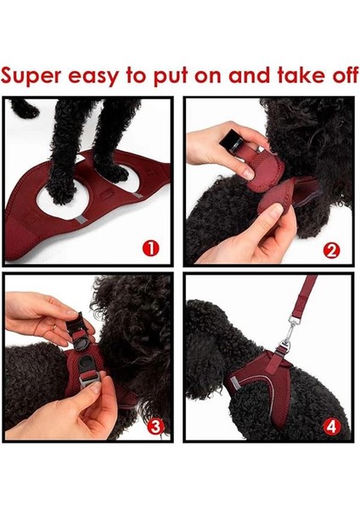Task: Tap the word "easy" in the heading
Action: coord(93,76)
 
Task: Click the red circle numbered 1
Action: coord(151,249)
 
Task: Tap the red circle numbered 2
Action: coord(331,249)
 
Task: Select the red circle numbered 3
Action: coord(155,426)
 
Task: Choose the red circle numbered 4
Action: coord(333,425)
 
